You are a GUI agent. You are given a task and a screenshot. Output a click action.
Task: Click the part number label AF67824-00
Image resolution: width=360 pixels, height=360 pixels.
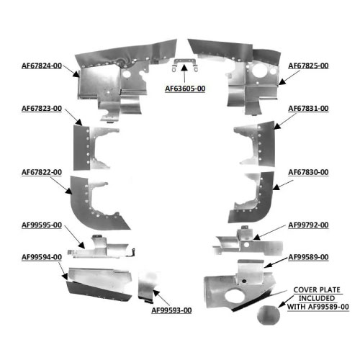coord(42,66)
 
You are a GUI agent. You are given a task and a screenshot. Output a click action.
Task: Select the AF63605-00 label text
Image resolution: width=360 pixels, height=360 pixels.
coord(185,89)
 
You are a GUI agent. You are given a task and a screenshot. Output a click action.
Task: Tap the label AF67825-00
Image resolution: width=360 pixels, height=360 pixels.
coord(308,66)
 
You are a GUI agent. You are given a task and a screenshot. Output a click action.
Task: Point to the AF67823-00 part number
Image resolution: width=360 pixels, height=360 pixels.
coord(42,109)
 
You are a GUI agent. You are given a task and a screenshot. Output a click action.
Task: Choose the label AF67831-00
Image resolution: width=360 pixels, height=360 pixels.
coord(308,109)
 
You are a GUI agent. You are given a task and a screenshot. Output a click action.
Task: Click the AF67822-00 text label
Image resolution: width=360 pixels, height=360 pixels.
coord(42,172)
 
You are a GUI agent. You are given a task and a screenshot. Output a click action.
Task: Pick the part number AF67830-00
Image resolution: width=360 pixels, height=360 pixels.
coord(308,172)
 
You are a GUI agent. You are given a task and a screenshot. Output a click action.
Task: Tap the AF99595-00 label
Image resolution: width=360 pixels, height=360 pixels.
coord(42,225)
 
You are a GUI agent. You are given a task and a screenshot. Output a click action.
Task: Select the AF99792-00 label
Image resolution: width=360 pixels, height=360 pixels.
coord(308,225)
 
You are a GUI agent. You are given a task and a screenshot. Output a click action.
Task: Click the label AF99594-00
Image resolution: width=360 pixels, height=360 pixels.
coord(42,257)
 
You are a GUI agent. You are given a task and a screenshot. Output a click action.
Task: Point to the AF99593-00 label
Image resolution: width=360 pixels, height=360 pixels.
coord(171,310)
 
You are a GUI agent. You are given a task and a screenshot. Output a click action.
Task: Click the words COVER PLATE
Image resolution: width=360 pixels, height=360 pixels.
coord(317,290)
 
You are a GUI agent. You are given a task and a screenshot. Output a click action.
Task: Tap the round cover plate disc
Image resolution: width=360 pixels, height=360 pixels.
coord(269,315)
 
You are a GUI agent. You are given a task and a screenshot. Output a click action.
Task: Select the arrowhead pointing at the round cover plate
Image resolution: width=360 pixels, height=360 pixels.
coord(282,305)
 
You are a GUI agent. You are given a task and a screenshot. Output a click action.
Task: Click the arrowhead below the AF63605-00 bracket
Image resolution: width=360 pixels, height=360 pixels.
coord(184,68)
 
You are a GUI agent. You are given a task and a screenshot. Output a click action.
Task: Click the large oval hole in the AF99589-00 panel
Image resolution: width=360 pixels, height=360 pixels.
coord(232,296)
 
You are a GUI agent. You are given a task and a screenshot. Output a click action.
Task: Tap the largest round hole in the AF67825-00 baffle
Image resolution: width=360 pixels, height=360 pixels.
coord(258,71)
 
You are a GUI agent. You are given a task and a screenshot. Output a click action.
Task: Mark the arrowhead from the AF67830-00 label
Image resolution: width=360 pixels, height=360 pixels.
coord(276,187)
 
